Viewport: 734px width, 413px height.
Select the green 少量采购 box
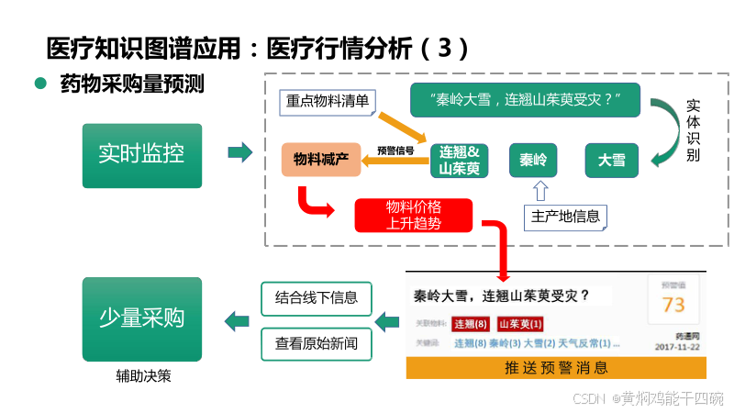click(x=141, y=318)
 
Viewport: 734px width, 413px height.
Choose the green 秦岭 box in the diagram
click(x=533, y=161)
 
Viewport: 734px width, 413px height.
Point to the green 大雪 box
click(x=611, y=161)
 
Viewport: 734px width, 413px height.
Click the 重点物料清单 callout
click(x=328, y=101)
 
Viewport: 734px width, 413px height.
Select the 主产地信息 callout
click(x=565, y=217)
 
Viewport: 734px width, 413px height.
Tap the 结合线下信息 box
click(x=317, y=297)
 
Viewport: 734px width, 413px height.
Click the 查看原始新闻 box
click(x=317, y=344)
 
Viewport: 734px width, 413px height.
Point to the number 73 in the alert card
click(x=673, y=305)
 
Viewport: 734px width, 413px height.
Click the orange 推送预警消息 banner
click(x=556, y=368)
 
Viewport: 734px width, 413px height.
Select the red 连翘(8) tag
click(x=471, y=324)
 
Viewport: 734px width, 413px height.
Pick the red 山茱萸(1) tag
click(x=520, y=324)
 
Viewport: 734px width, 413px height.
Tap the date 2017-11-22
click(x=677, y=348)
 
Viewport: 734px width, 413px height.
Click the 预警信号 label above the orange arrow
click(x=395, y=150)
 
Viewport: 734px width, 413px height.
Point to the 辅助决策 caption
click(x=142, y=375)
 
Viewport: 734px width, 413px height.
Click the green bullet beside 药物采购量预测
click(x=40, y=84)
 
